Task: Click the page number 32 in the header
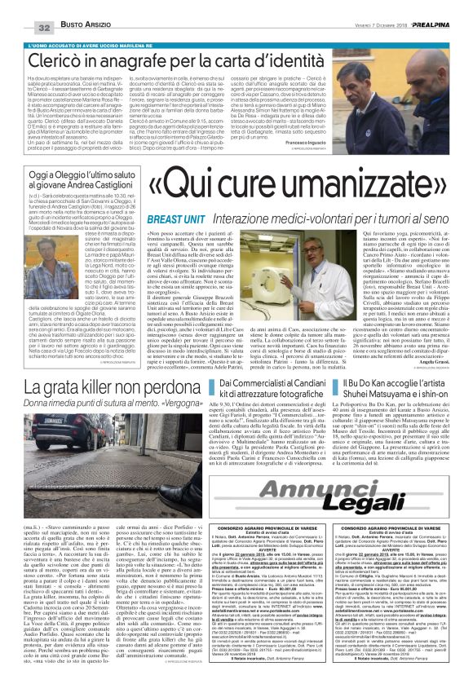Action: tap(22, 7)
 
